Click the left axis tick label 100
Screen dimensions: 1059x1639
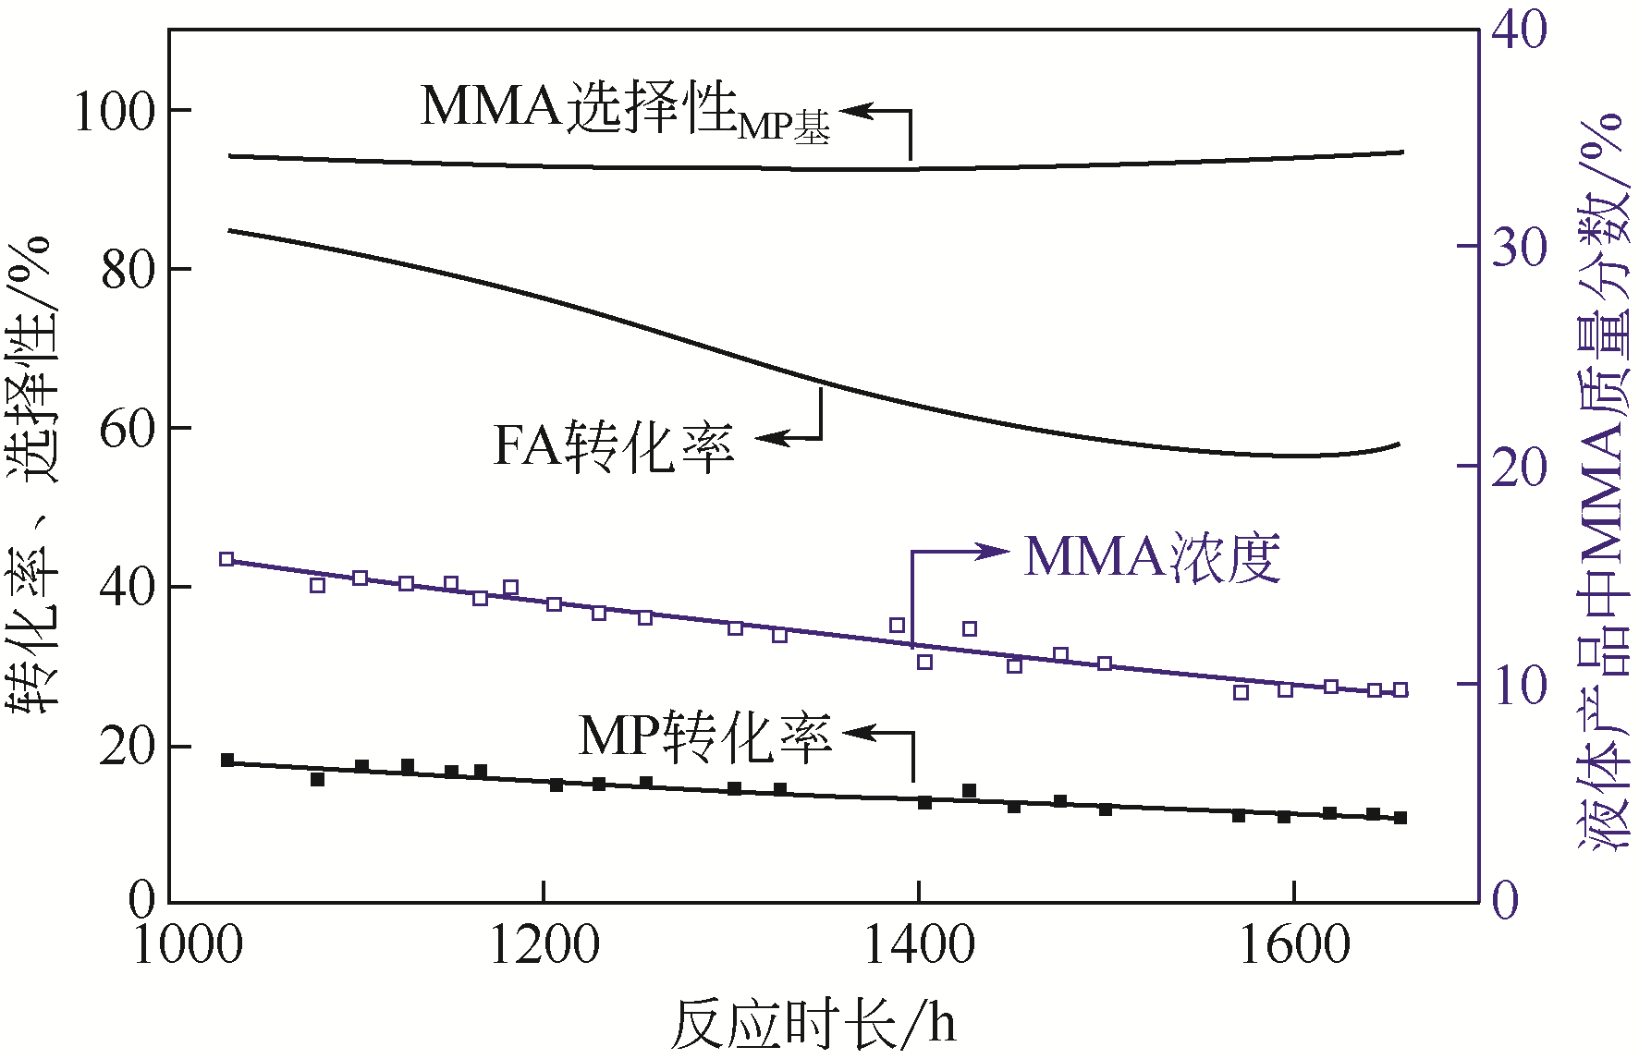click(114, 112)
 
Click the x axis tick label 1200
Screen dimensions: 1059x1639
click(544, 945)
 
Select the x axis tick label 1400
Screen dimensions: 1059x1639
click(919, 945)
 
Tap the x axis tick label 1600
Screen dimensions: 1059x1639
click(1293, 945)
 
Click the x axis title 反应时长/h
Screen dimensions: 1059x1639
click(813, 1024)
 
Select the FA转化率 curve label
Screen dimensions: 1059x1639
click(614, 447)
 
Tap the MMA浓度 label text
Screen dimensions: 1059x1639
click(1152, 557)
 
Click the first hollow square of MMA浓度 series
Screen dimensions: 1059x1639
click(226, 559)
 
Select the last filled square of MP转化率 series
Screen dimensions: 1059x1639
click(1400, 818)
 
